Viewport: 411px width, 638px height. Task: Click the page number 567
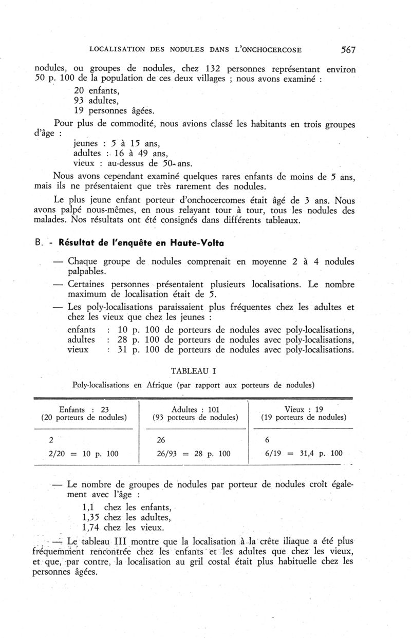pyautogui.click(x=348, y=50)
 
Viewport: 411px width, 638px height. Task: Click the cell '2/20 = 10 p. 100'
pyautogui.click(x=84, y=454)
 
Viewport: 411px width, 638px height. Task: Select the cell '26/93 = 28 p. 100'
pyautogui.click(x=194, y=454)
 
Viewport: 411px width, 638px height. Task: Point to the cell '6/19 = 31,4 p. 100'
pyautogui.click(x=304, y=454)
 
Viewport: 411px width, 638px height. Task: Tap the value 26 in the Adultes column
pyautogui.click(x=161, y=440)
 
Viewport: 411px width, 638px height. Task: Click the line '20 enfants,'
pyautogui.click(x=96, y=89)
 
